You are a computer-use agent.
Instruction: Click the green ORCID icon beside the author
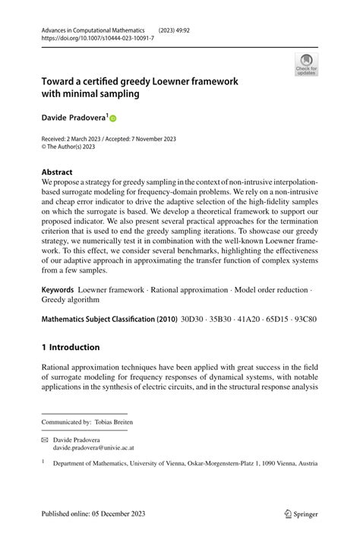(114, 118)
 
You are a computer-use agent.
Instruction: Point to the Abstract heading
(58, 172)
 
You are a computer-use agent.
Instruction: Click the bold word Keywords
(58, 290)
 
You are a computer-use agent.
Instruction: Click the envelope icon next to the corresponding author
(46, 439)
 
